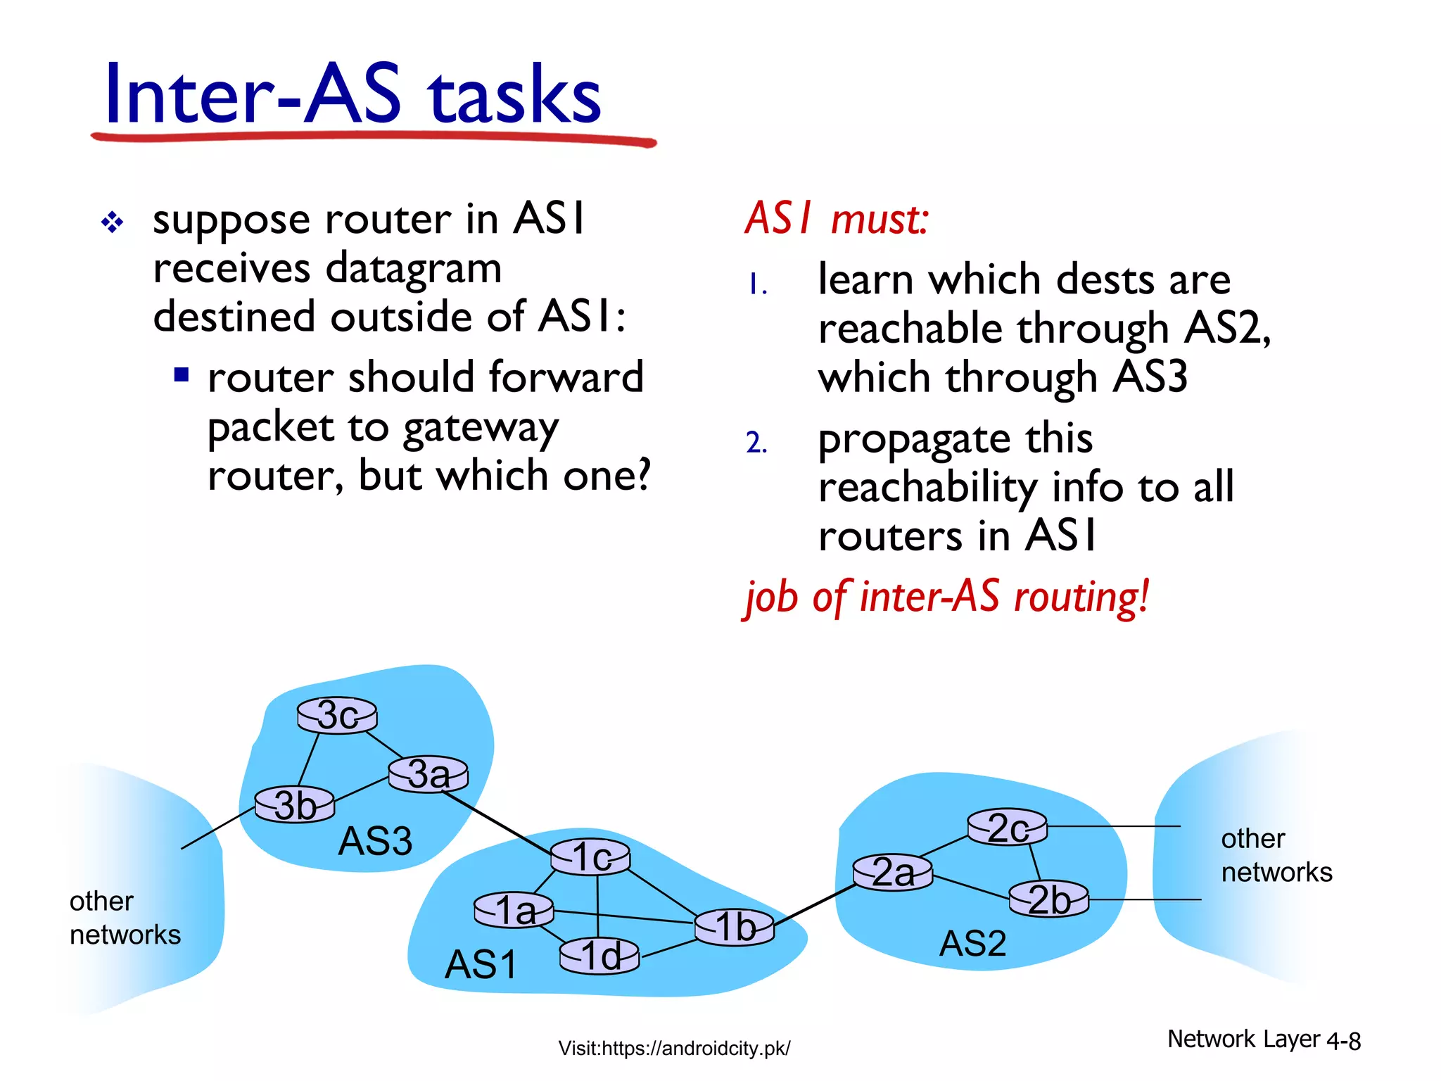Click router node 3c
pos(337,716)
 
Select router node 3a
pos(428,774)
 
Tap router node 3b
pos(295,804)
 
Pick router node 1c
pos(590,857)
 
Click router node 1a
pos(514,910)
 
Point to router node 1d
pos(599,956)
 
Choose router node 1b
pos(735,926)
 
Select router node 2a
pos(892,873)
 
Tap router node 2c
pos(1007,828)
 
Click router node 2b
pos(1048,899)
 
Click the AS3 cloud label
pos(375,841)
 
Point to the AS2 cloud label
pos(972,944)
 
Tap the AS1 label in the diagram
pos(481,964)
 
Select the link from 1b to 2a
pos(815,904)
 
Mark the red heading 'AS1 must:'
pos(837,218)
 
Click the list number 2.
pos(756,443)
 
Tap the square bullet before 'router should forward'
pos(182,374)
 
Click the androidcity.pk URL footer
pos(674,1049)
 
